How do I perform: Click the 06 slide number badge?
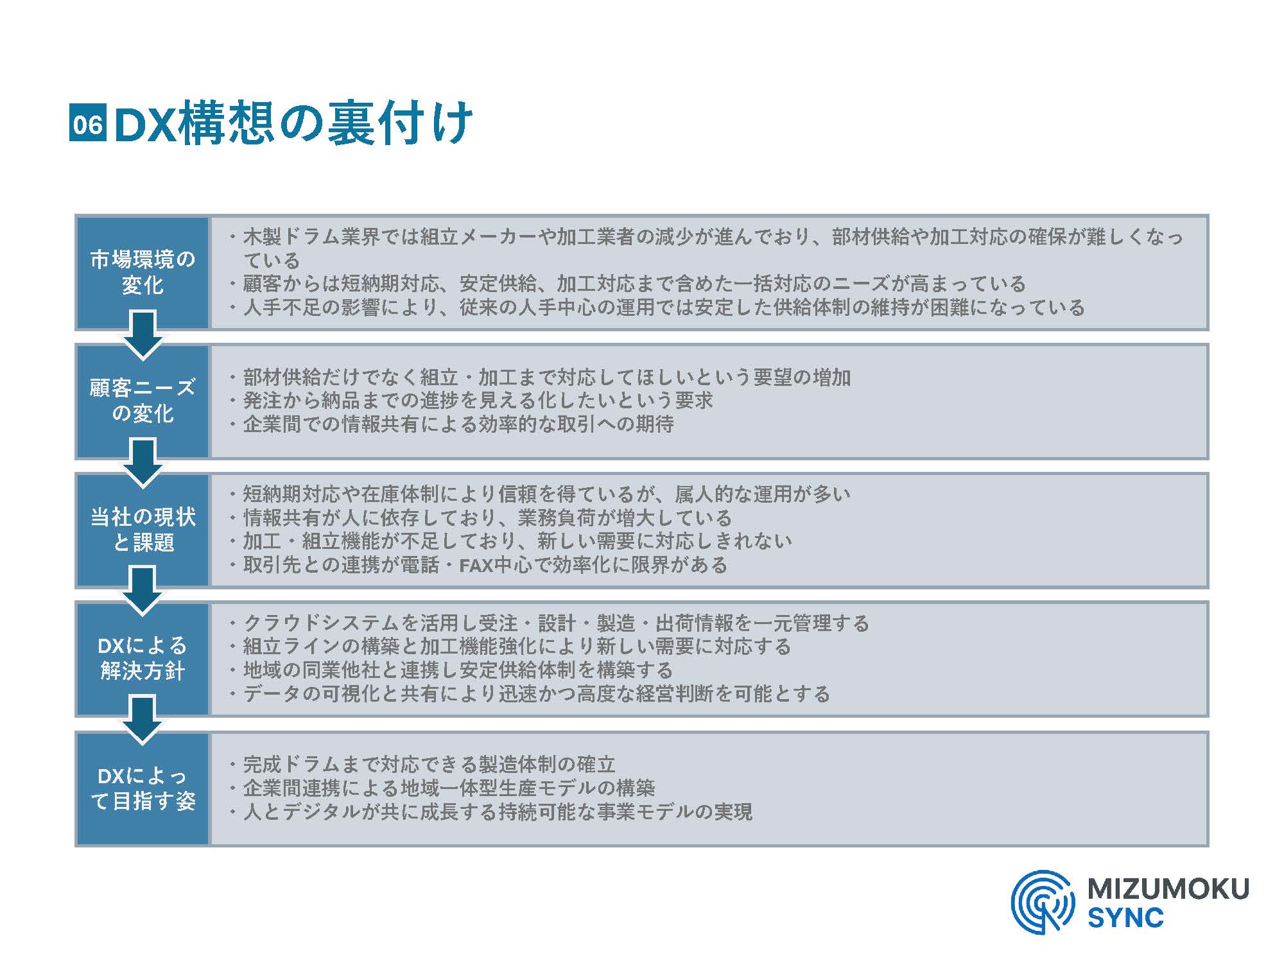tap(87, 123)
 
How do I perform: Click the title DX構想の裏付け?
tap(293, 123)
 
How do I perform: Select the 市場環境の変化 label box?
tap(143, 272)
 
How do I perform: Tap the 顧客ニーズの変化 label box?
tap(143, 401)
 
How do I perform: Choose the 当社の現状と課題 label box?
tap(143, 530)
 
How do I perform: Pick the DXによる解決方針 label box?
tap(143, 659)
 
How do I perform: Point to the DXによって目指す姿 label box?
tap(143, 788)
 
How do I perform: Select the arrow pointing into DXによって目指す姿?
tap(143, 721)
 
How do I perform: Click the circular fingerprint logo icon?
tap(1042, 901)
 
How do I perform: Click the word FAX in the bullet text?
tap(478, 566)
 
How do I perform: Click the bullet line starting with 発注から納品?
tap(471, 401)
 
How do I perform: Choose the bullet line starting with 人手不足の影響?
tap(656, 308)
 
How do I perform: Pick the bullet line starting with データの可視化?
tap(530, 694)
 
